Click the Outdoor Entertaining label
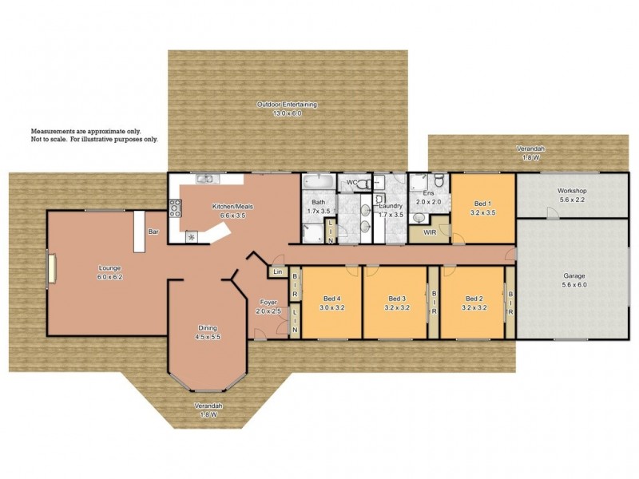[288, 105]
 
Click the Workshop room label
[572, 192]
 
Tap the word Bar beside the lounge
[153, 232]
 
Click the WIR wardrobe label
[429, 232]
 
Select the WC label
[351, 183]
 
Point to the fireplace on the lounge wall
[50, 267]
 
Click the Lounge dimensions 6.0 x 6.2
[110, 276]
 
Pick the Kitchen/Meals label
[228, 208]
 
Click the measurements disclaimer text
[94, 134]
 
